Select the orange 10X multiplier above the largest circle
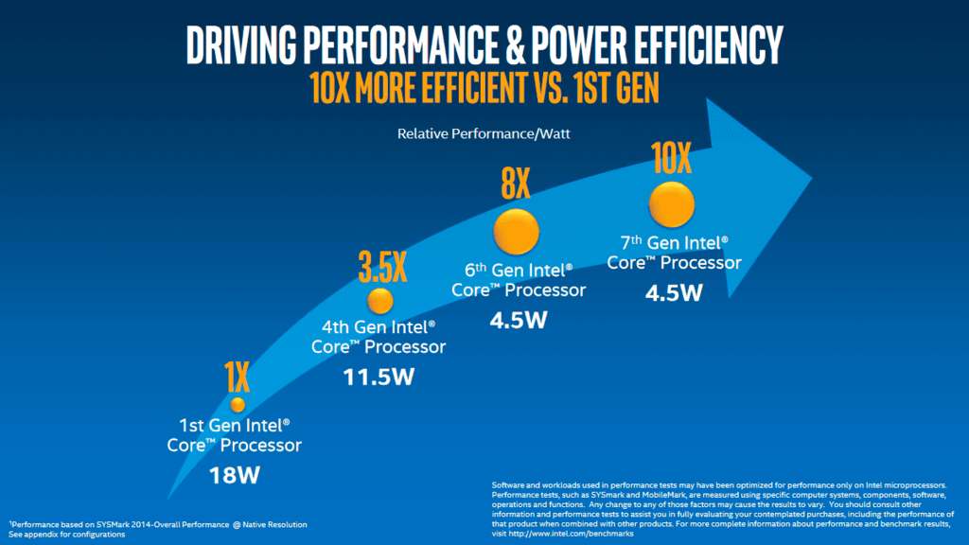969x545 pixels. click(x=671, y=159)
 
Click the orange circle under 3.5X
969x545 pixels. click(x=379, y=301)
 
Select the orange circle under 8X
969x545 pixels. click(x=516, y=231)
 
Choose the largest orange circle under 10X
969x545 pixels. click(x=671, y=203)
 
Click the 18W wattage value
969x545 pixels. click(x=235, y=474)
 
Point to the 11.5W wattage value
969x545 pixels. click(x=379, y=378)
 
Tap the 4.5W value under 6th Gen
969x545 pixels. click(x=519, y=319)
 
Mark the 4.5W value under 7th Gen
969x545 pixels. click(x=674, y=291)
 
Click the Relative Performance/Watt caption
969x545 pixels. click(x=484, y=134)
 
